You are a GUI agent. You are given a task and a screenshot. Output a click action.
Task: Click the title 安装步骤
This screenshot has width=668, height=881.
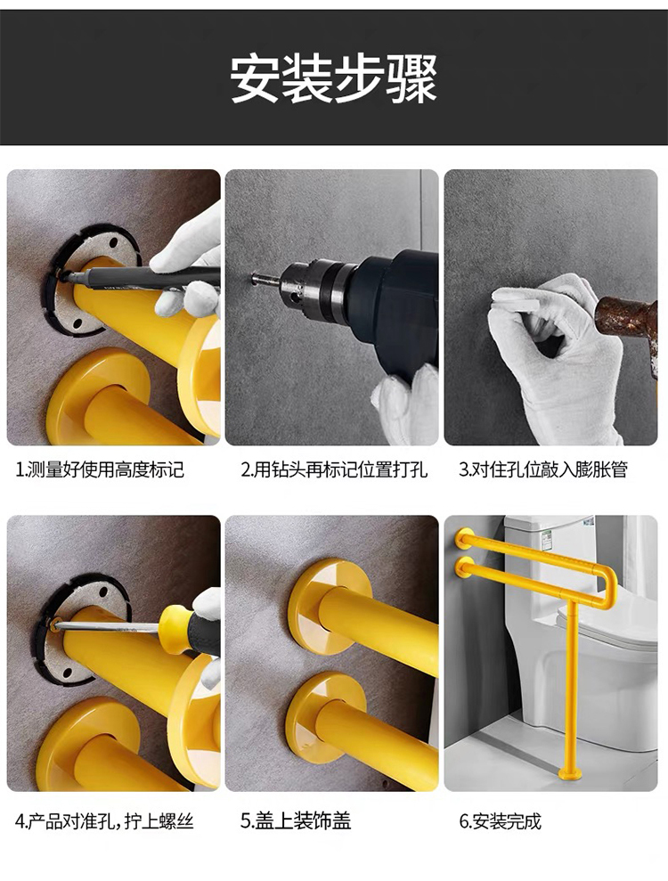coord(334,77)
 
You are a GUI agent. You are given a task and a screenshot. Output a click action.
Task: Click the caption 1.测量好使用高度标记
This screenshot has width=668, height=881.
coord(101,469)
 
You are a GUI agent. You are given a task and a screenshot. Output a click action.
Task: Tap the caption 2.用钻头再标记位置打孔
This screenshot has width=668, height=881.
coord(335,469)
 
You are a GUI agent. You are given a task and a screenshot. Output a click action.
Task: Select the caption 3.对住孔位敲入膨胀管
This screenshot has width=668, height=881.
coord(543,469)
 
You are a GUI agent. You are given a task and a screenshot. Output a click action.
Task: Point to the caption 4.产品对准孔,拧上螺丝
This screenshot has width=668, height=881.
coord(104,821)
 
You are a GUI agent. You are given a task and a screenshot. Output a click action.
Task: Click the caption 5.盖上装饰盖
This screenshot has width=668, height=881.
coord(296,821)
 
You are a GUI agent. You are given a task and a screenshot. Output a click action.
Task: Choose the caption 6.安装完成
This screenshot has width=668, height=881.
coord(501,821)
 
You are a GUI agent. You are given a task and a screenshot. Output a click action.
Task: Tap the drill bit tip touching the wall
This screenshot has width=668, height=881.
coord(255,277)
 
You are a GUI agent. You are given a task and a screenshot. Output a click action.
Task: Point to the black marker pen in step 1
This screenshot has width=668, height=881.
coord(141,278)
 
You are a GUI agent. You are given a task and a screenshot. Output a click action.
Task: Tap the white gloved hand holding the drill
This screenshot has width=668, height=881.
coord(405,404)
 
